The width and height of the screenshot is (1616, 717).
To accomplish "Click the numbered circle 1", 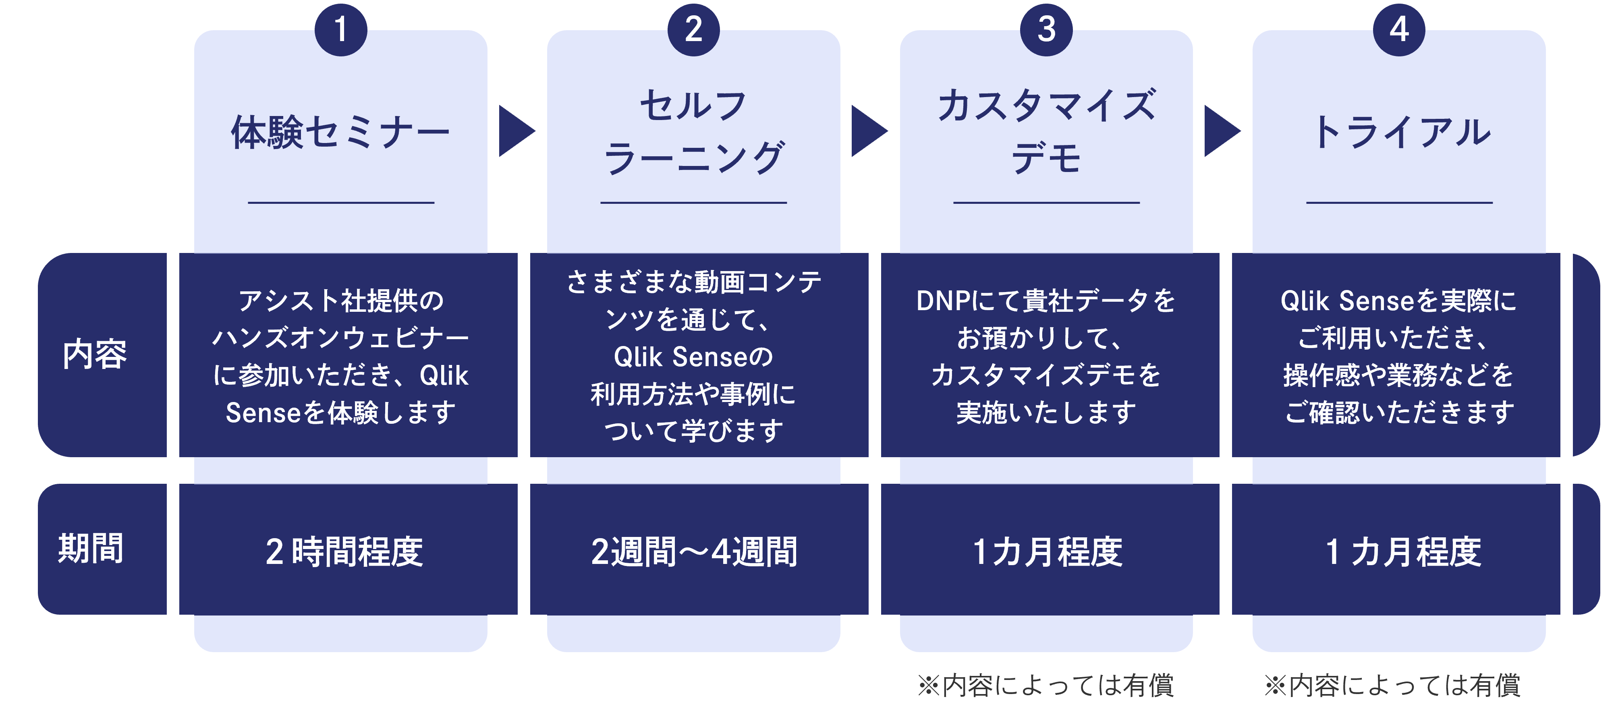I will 340,29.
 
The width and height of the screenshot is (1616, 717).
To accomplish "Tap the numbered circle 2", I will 693,29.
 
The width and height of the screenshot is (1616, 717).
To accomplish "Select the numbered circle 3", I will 1046,29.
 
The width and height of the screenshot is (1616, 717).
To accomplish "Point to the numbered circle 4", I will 1399,29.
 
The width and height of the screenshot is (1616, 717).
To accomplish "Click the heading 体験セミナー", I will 340,133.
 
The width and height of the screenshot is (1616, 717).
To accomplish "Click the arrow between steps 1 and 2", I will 516,131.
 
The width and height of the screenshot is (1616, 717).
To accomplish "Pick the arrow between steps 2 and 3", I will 868,131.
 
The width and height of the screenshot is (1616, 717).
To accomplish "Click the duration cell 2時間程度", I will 344,551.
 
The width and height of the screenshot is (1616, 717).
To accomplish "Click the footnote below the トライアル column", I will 1393,685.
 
